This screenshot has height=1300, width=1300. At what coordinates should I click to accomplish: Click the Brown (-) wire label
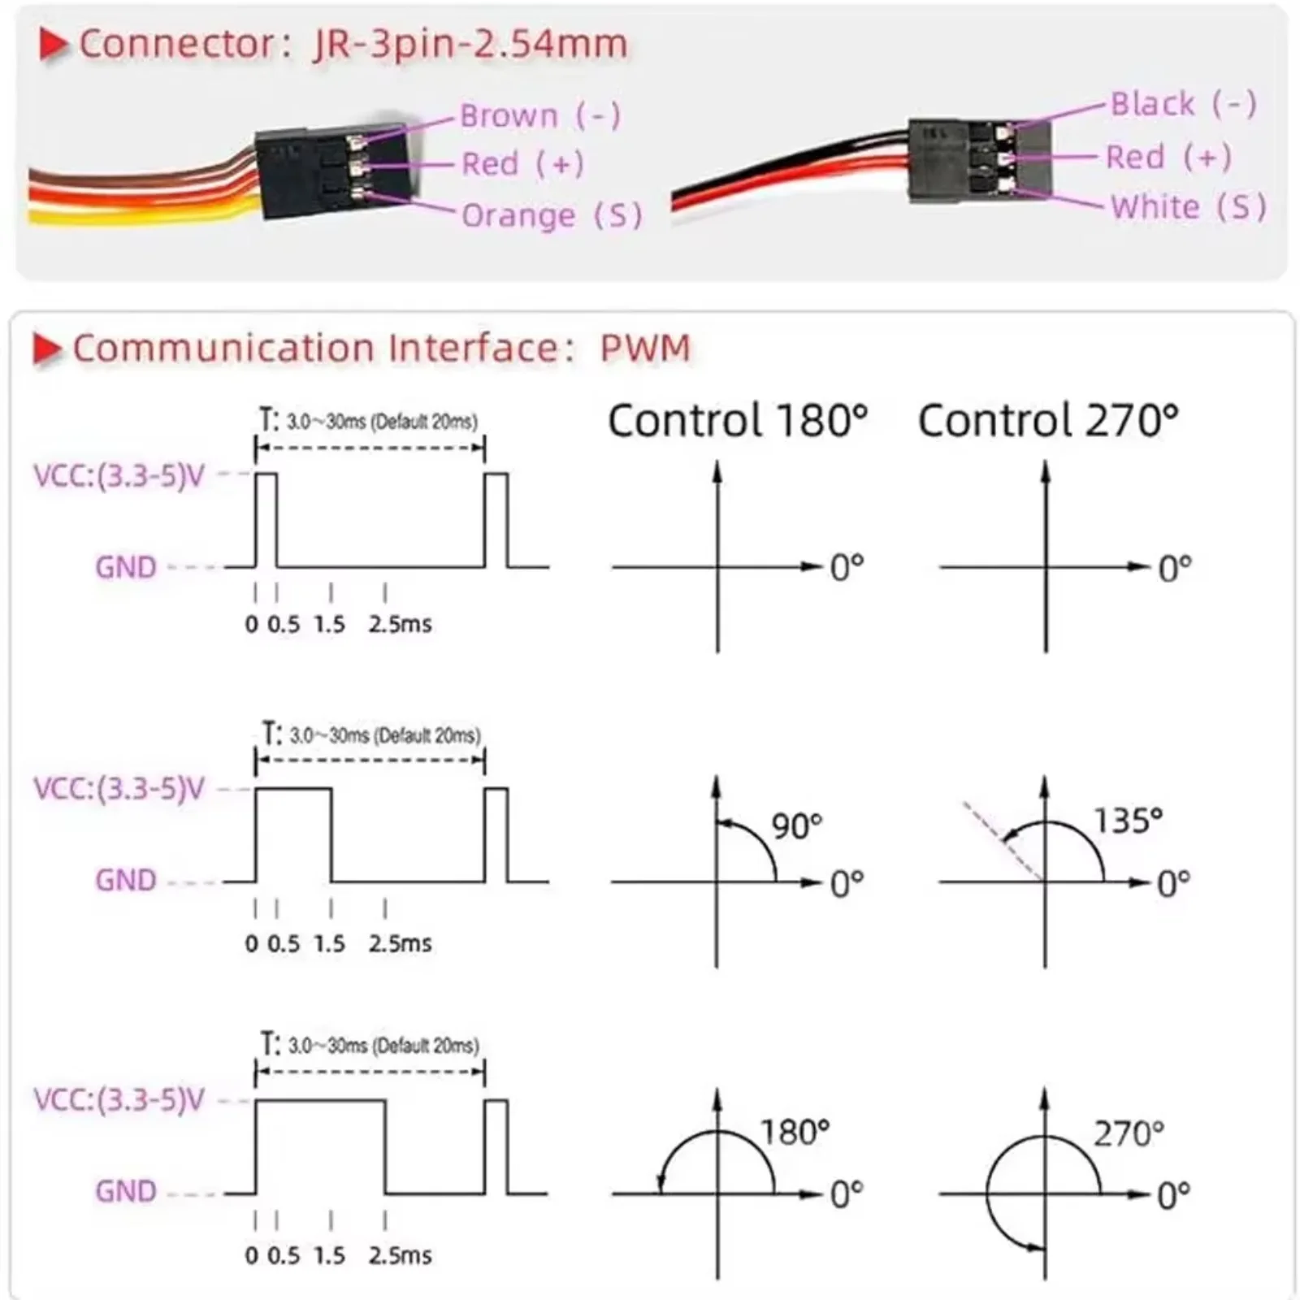[540, 116]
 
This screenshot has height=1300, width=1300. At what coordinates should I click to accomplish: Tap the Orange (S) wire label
[552, 216]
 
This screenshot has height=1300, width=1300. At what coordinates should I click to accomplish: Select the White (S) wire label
[1188, 207]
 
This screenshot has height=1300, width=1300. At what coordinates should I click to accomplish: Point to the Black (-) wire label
[1183, 105]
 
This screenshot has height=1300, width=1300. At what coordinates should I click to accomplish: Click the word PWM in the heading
[645, 349]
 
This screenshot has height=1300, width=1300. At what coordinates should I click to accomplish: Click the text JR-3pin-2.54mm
[470, 45]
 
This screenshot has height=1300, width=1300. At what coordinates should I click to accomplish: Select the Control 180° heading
[738, 421]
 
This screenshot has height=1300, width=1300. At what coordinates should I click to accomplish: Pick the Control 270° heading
[1048, 421]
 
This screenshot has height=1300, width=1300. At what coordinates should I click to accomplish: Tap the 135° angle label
[1128, 821]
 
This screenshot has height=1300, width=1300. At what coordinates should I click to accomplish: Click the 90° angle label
[796, 826]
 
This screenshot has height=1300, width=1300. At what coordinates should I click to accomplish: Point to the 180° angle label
[795, 1133]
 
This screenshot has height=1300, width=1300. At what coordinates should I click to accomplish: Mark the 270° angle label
[1129, 1134]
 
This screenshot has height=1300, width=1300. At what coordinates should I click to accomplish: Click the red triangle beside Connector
[53, 45]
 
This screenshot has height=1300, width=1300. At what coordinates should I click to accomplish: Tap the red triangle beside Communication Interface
[46, 349]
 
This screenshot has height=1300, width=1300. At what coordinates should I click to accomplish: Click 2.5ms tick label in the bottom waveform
[400, 1256]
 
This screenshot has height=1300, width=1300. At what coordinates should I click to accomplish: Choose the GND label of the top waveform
[126, 567]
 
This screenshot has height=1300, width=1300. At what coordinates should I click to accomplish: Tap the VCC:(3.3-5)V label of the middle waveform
[119, 789]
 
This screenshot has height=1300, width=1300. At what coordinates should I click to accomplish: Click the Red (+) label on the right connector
[1168, 158]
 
